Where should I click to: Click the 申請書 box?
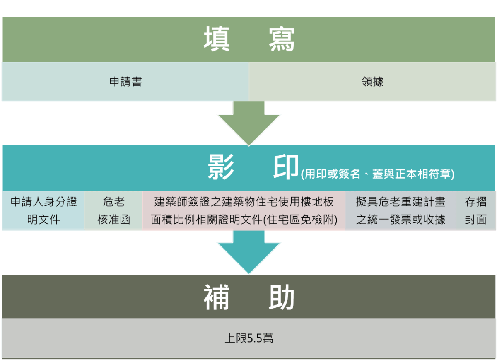[125, 82]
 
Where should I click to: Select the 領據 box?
[372, 82]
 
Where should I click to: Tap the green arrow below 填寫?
[249, 123]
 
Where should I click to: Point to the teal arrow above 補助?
[249, 252]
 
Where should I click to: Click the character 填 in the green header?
[217, 39]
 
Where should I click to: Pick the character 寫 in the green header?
[282, 39]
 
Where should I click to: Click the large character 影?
[221, 167]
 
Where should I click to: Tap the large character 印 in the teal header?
[286, 167]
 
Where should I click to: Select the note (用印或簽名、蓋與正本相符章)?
[377, 174]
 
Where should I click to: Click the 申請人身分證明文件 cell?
[43, 210]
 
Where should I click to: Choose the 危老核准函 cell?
[113, 210]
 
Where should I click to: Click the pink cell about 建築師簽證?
[244, 210]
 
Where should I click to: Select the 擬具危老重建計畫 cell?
[401, 210]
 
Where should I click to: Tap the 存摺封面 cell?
[476, 210]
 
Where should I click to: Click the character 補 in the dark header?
[216, 297]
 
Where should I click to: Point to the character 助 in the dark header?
[282, 297]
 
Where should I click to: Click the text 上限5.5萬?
[249, 338]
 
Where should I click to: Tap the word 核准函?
[113, 220]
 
